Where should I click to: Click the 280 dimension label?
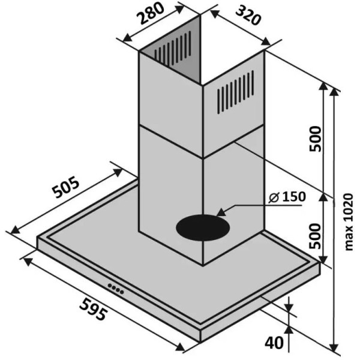click(151, 14)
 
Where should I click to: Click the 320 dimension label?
click(248, 16)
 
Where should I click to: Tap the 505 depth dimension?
click(65, 187)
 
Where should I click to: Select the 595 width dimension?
click(93, 309)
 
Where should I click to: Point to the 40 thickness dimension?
click(274, 343)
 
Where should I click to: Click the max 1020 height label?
click(349, 222)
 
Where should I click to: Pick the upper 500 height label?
click(315, 139)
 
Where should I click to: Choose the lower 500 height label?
click(315, 236)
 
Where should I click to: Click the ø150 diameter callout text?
click(287, 197)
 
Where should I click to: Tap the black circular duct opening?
click(203, 228)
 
